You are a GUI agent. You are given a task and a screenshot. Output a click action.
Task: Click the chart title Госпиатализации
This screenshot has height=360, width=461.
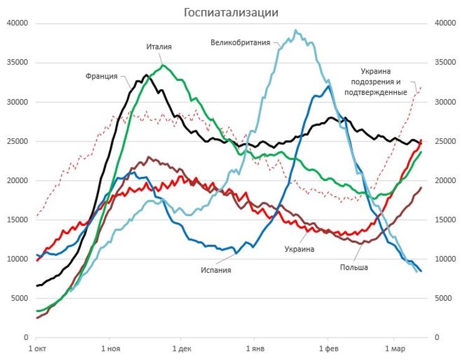click(230, 12)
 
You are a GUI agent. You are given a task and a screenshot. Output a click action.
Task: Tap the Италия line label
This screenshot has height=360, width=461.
click(159, 47)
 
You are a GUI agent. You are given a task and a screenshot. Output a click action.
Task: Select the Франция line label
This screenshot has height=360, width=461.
click(102, 76)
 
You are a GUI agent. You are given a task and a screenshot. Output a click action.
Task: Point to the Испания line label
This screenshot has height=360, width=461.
click(216, 270)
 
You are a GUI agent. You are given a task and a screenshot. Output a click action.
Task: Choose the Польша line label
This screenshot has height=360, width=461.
click(354, 267)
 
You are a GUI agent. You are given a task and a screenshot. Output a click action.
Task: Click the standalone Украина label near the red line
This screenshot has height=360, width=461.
click(300, 249)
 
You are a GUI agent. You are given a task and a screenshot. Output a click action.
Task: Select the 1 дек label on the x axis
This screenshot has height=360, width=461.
click(181, 349)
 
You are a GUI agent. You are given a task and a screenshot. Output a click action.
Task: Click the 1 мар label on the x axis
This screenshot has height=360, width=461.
click(394, 349)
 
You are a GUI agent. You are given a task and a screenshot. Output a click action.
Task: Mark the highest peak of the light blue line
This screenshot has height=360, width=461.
click(296, 30)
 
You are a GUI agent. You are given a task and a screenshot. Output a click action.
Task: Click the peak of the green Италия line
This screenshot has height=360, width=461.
click(163, 65)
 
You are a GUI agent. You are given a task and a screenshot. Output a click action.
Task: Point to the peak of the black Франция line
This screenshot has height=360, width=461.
click(146, 75)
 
